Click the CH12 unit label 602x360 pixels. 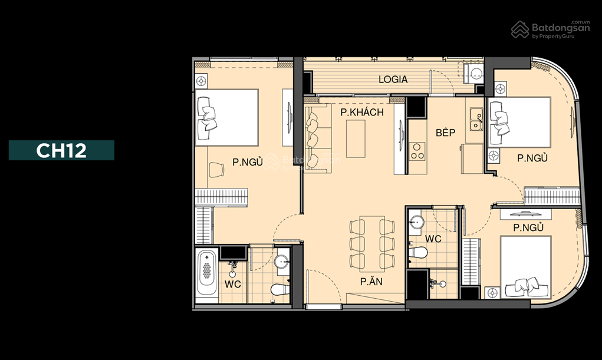(61, 150)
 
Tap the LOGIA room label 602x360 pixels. (393, 80)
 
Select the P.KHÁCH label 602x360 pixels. (361, 112)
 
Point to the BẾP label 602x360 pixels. (445, 133)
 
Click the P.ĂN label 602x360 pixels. (371, 281)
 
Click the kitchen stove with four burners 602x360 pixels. (417, 151)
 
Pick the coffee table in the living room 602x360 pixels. (356, 138)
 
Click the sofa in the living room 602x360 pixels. (317, 138)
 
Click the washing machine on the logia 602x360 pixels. (475, 74)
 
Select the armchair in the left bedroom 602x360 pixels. (216, 170)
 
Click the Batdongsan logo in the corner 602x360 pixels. (550, 29)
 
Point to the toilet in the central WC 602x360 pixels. (418, 253)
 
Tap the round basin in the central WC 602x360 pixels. (416, 222)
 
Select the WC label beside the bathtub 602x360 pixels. (233, 284)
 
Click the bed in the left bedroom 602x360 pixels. (226, 117)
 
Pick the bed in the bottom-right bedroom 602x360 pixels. (525, 267)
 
